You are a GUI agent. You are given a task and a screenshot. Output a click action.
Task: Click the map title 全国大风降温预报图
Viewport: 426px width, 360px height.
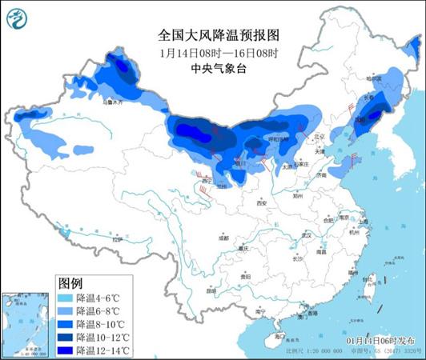click(217, 36)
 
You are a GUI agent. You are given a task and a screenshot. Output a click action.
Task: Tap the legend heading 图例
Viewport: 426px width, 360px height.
click(70, 283)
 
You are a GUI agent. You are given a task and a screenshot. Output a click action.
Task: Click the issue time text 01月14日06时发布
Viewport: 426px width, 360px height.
click(375, 340)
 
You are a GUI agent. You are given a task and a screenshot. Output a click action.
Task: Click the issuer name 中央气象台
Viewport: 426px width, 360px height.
click(217, 68)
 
